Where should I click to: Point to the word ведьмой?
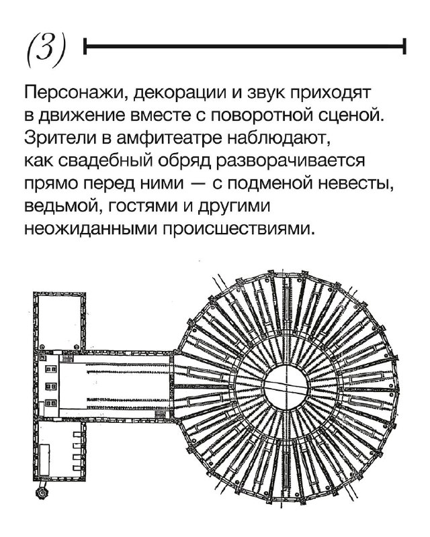pyautogui.click(x=58, y=206)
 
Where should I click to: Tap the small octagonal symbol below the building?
pyautogui.click(x=42, y=493)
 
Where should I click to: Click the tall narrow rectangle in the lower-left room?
pyautogui.click(x=45, y=460)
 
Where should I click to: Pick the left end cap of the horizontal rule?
pyautogui.click(x=85, y=46)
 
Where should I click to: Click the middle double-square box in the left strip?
pyautogui.click(x=52, y=386)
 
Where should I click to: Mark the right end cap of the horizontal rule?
pyautogui.click(x=404, y=46)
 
